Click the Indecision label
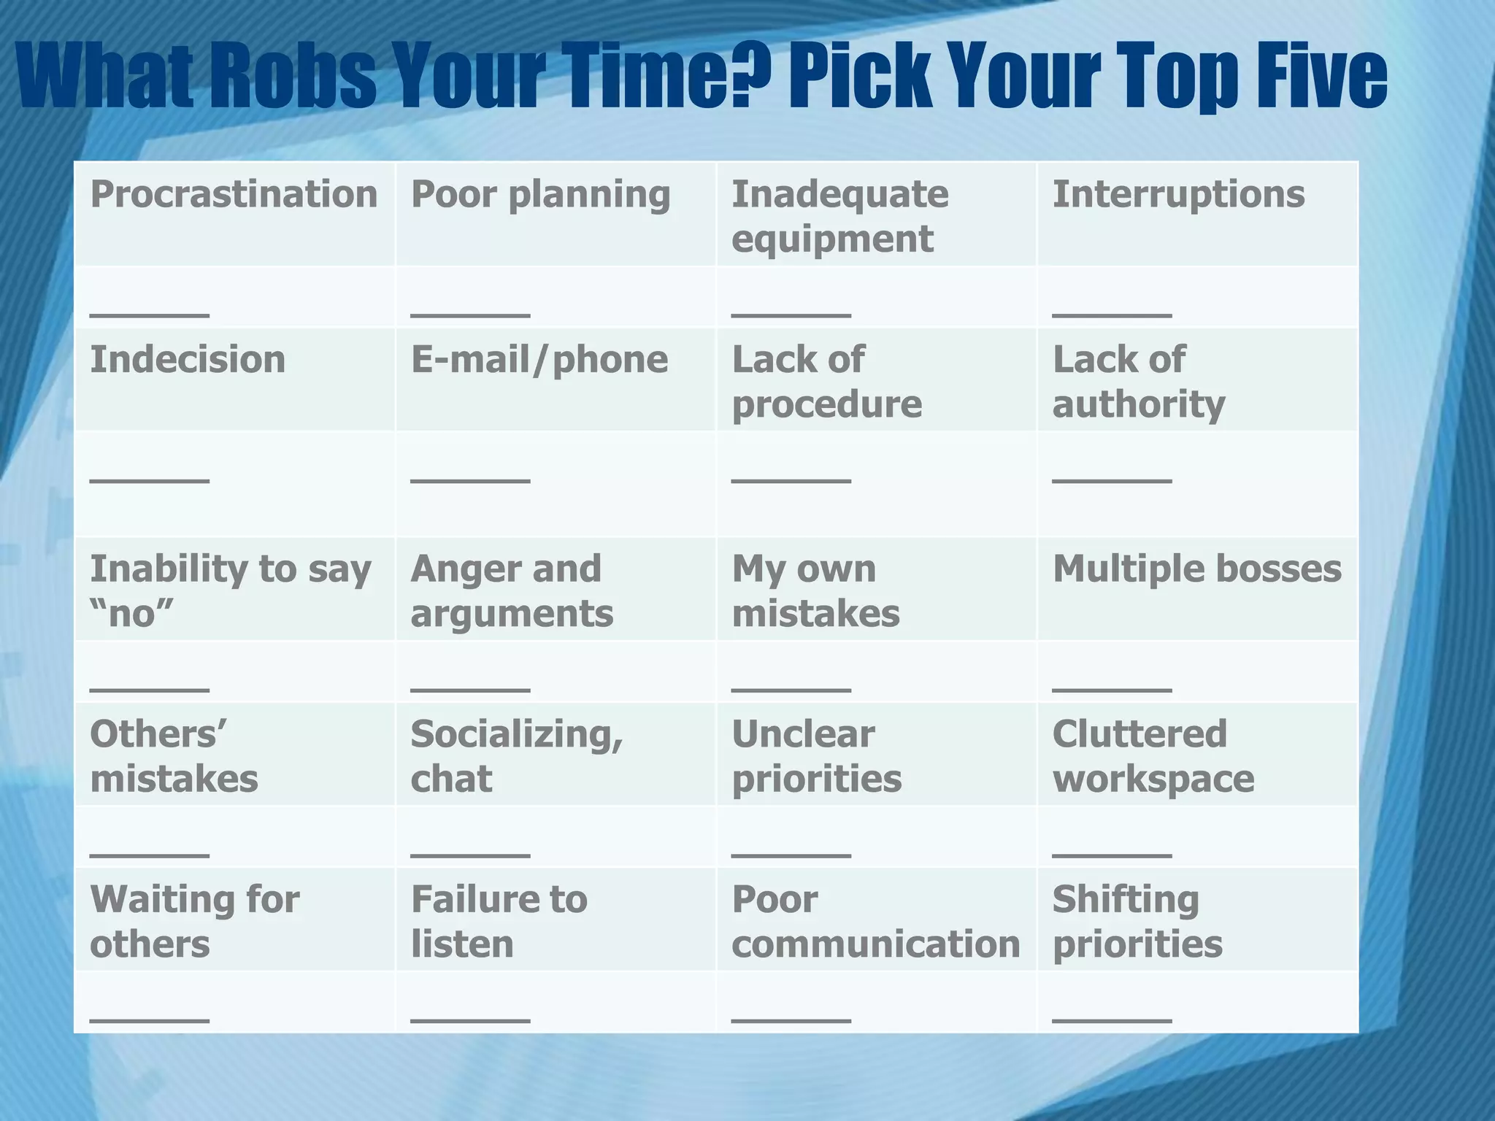pyautogui.click(x=188, y=360)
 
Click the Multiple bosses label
pyautogui.click(x=1196, y=569)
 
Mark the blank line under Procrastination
pyautogui.click(x=150, y=315)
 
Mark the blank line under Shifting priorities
pyautogui.click(x=1112, y=1020)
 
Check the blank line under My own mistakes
pyautogui.click(x=791, y=688)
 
